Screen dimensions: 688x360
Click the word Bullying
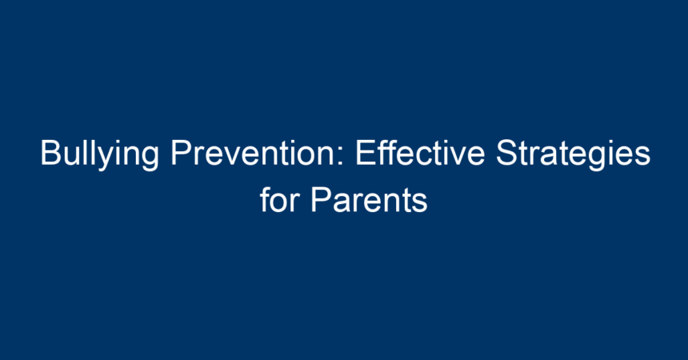click(x=99, y=154)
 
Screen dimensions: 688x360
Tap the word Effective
click(x=420, y=152)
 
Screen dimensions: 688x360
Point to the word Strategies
click(x=573, y=154)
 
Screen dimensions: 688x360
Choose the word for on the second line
click(x=279, y=199)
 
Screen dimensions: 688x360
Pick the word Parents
click(x=369, y=200)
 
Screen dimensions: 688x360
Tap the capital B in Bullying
click(x=50, y=153)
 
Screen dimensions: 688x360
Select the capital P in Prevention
click(x=182, y=153)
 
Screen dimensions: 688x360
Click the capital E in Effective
click(x=366, y=153)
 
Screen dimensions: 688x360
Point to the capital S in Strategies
click(x=506, y=153)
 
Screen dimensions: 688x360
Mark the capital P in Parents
click(x=321, y=200)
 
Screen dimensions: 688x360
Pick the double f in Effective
click(x=386, y=152)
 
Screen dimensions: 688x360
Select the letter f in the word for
click(x=266, y=199)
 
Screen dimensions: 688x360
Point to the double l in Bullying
click(x=91, y=152)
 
